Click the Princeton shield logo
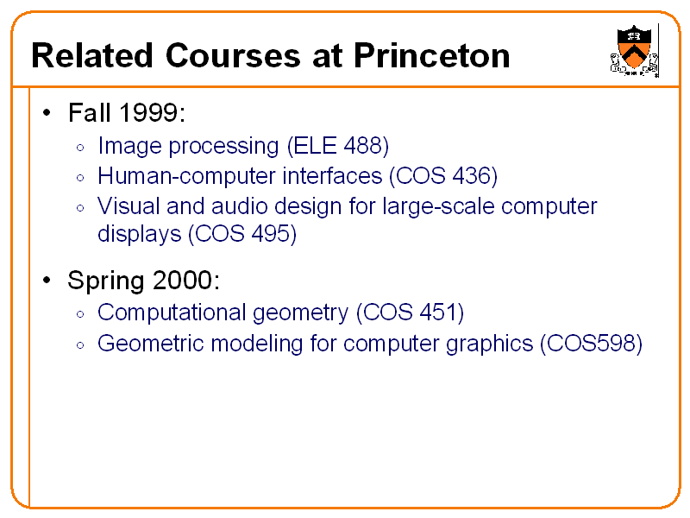(x=633, y=50)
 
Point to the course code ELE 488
(x=341, y=145)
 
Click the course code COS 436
(x=443, y=176)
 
